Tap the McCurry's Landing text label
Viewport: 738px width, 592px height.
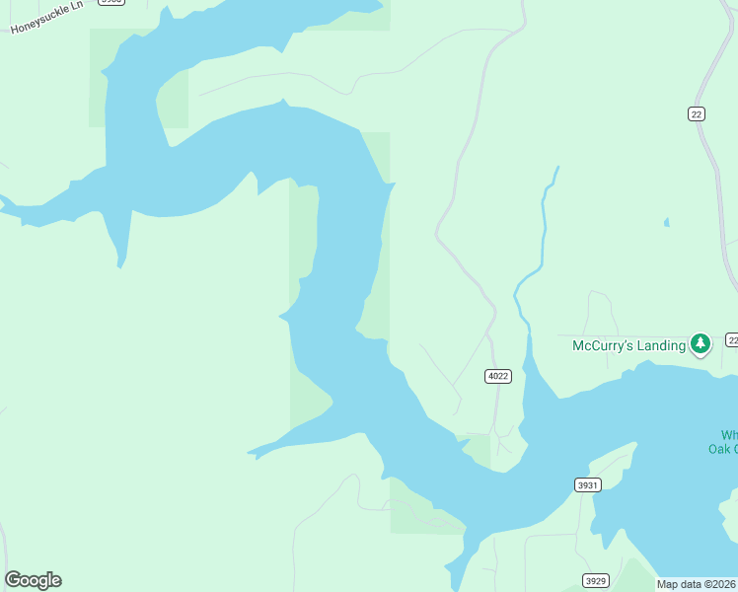628,345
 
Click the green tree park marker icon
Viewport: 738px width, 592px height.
701,344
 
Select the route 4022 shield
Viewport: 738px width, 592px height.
498,376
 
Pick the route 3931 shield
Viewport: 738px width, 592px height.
587,484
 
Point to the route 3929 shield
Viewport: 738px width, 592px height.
595,580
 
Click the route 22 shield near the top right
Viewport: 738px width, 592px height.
697,114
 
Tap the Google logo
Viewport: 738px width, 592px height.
33,580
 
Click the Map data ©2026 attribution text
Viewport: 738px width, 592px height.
697,584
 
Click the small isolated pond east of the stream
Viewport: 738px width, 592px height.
666,222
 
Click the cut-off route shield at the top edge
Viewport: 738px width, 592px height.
111,2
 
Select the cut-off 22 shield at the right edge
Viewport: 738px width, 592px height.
732,339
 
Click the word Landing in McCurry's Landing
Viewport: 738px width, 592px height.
660,345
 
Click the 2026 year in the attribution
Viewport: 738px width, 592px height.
724,584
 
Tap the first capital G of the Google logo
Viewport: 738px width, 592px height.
13,580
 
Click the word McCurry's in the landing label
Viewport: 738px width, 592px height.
602,345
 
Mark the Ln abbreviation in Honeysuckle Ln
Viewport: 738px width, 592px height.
75,10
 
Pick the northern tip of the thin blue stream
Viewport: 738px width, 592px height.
557,168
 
